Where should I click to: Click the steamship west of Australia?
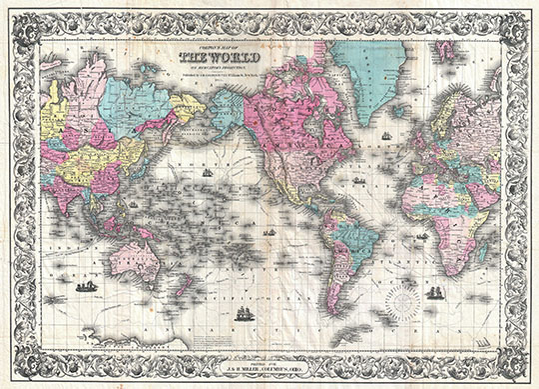click(86, 286)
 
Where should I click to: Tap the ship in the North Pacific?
click(208, 172)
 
